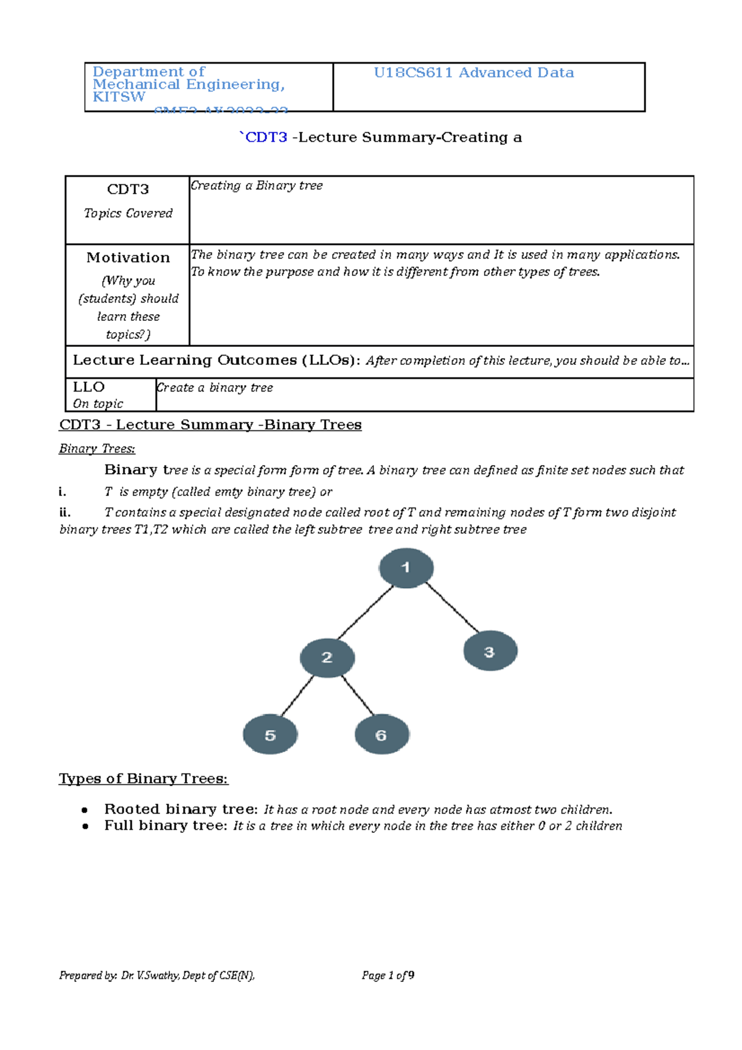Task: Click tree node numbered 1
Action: tap(406, 568)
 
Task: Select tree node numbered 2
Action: tap(327, 657)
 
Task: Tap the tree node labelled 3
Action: tap(490, 651)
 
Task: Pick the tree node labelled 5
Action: tap(270, 735)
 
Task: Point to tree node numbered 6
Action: tap(382, 735)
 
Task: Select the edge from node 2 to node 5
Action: tap(297, 696)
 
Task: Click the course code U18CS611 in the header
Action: tap(413, 73)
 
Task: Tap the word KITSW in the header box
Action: tap(119, 97)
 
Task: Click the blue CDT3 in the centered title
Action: tap(267, 137)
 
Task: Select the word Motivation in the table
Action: tap(128, 257)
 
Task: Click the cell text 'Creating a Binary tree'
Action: tap(257, 186)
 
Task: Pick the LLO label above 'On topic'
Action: tap(89, 387)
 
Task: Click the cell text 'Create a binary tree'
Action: tap(215, 388)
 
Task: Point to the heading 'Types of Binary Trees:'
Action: tap(143, 779)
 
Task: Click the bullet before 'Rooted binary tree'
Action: tap(85, 810)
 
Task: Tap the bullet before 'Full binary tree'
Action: tap(85, 826)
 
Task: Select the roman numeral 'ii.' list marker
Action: tap(65, 512)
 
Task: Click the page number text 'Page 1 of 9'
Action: tap(388, 975)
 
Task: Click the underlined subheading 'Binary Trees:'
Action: tap(97, 449)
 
